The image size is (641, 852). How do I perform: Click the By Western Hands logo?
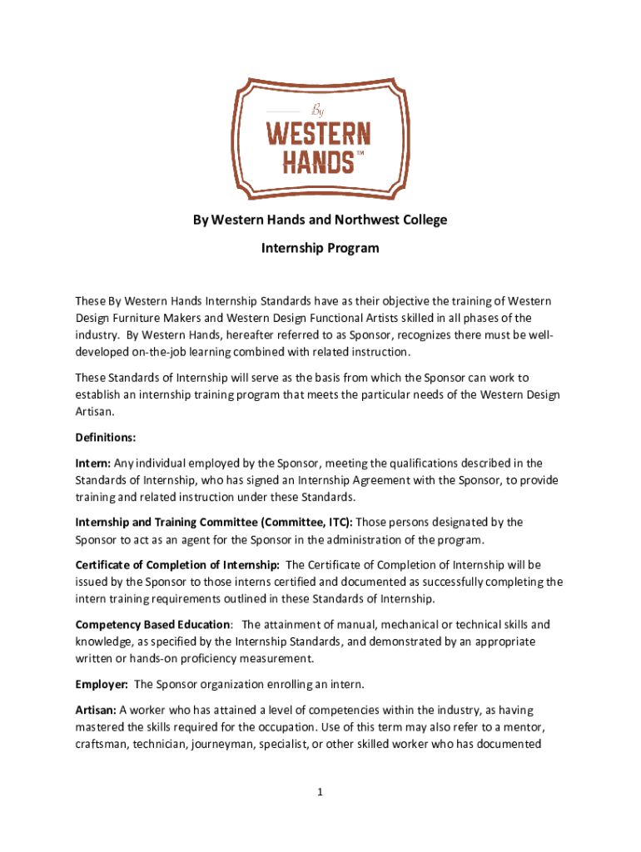316,136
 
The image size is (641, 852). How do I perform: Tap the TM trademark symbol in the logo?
360,155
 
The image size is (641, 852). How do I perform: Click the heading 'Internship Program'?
320,248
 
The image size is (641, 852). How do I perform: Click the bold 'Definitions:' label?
106,437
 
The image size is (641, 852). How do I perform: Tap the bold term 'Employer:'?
102,684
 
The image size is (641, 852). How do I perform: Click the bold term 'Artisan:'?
96,710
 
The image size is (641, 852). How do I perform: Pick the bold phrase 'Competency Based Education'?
152,624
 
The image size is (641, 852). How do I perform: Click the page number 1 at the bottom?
320,793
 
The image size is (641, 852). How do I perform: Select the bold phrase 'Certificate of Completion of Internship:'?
177,565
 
